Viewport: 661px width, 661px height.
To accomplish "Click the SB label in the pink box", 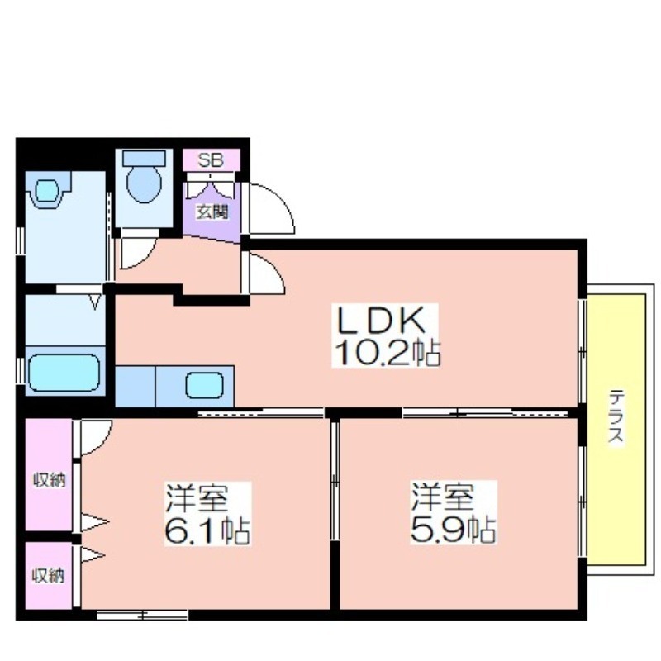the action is pos(211,159).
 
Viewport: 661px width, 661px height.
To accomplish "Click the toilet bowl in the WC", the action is pos(144,183).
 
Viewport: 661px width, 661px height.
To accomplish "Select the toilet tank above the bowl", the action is pos(144,158).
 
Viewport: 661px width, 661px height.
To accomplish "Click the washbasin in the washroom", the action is pos(46,191).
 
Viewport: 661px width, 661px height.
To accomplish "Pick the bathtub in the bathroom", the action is pos(64,373).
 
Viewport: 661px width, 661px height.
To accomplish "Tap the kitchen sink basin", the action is pos(204,385).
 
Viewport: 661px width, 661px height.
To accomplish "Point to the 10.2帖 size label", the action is pos(388,352).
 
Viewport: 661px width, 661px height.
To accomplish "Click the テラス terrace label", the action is pos(616,416).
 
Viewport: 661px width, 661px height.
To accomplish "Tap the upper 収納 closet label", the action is pos(50,480).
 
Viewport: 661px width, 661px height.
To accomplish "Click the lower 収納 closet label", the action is pos(49,575).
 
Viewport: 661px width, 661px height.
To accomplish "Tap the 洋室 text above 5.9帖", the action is pos(443,497).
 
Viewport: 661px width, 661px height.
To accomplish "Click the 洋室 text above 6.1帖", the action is pos(197,498).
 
